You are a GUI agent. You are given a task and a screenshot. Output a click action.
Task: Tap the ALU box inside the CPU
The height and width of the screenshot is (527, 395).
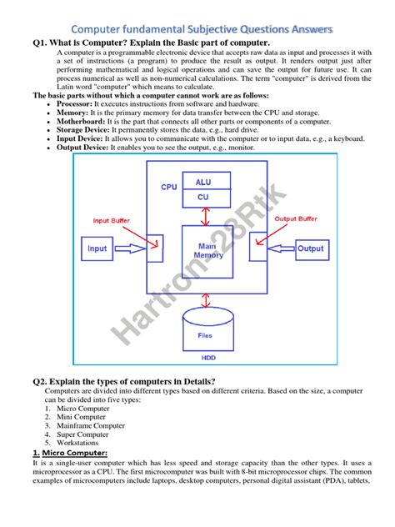point(203,181)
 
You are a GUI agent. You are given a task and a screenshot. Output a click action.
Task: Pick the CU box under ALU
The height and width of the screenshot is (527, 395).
point(203,198)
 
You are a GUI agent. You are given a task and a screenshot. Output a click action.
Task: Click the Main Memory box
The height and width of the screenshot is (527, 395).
point(207,250)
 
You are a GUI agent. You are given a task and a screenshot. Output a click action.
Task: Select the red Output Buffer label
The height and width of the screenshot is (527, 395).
point(296,219)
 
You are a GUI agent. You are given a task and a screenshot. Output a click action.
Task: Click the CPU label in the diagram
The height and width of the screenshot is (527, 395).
point(169,188)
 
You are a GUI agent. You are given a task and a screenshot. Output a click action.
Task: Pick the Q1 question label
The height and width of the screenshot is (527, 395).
point(43,43)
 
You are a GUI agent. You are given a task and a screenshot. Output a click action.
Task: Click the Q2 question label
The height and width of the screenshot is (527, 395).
point(43,381)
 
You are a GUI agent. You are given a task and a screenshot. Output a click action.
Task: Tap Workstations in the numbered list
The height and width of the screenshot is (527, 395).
point(79,444)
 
